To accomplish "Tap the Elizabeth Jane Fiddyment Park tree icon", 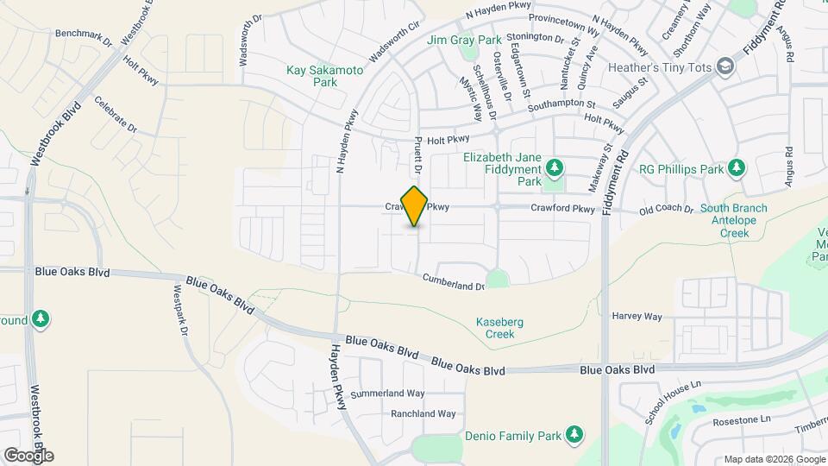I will [556, 166].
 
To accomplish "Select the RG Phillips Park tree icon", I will [736, 167].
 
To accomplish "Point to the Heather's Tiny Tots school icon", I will [726, 66].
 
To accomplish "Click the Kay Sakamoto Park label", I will [325, 76].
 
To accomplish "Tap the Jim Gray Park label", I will [463, 40].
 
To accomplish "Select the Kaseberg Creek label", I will [500, 328].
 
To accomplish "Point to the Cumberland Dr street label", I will [454, 281].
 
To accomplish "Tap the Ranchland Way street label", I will [423, 414].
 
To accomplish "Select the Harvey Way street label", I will [637, 317].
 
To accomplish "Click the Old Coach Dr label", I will [666, 209].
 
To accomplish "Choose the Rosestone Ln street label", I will [741, 421].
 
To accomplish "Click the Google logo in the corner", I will [28, 455].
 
